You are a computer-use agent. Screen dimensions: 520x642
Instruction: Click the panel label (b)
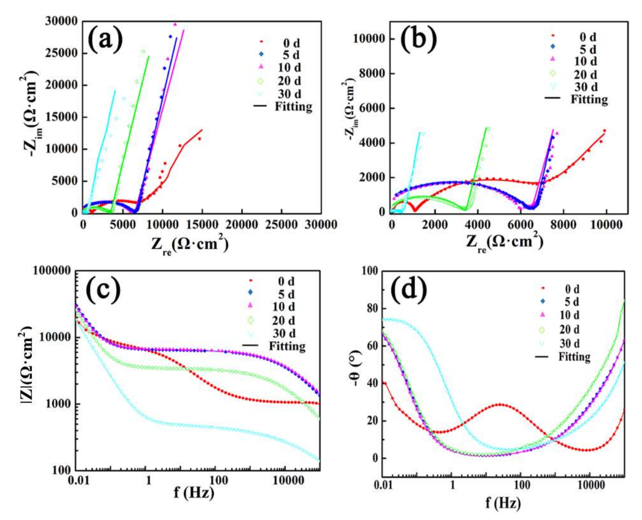point(419,39)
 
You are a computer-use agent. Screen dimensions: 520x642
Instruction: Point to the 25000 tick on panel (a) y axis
point(61,53)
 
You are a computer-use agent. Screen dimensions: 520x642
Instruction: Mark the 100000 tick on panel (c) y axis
point(52,271)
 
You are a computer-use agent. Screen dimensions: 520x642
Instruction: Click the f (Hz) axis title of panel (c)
point(194,492)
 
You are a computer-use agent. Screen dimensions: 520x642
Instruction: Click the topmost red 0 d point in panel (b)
point(604,131)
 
